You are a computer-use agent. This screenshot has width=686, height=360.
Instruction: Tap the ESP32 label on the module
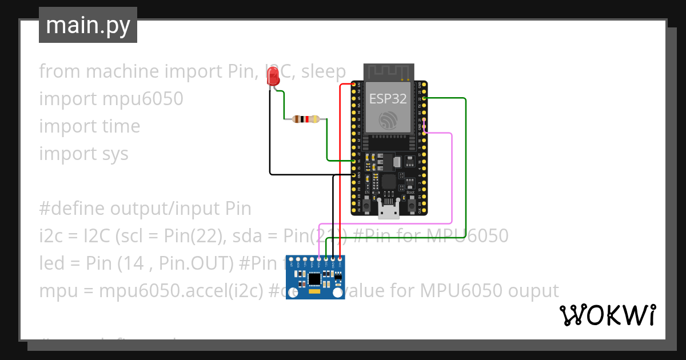coord(388,98)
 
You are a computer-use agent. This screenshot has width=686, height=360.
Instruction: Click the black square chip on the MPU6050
coord(314,279)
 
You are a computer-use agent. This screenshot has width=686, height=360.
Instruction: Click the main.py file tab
coord(88,25)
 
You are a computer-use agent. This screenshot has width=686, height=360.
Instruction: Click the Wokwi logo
coord(607,315)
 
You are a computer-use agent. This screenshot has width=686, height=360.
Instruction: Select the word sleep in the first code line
coord(324,71)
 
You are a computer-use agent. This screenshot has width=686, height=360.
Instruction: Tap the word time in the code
coord(120,126)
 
